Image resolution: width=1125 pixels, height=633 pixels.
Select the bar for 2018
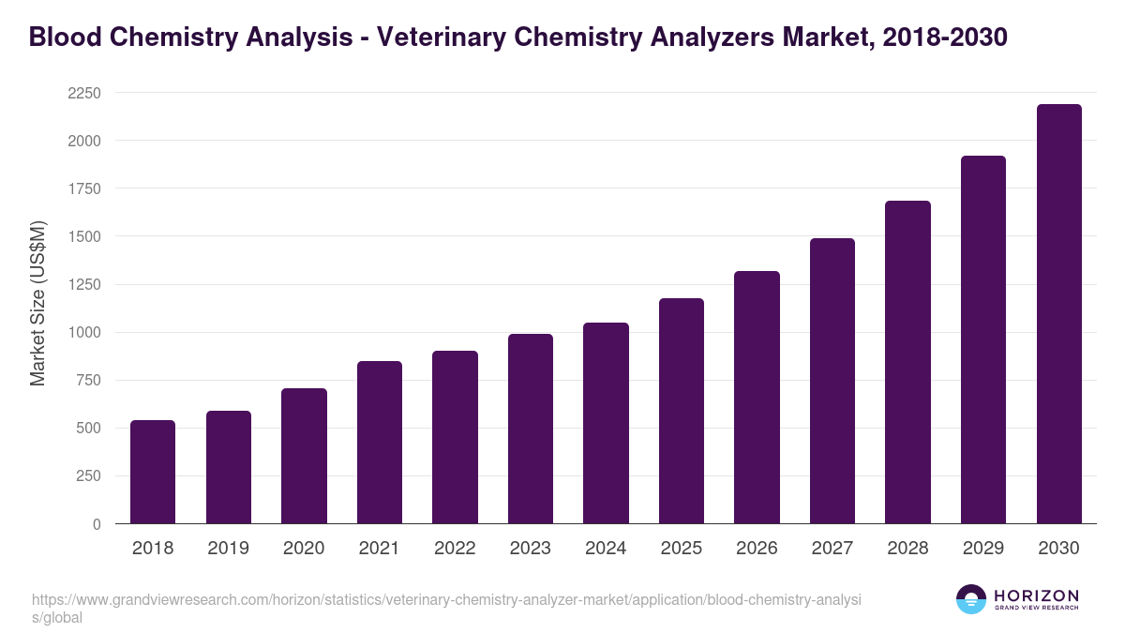coord(153,472)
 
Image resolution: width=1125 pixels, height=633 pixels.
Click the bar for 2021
coord(379,442)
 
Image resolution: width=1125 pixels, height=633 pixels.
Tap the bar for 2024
coord(606,423)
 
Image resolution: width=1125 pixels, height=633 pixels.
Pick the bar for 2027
coord(832,381)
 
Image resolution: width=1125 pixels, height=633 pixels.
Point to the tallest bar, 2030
coord(1058,313)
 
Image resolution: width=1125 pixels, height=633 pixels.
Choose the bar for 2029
coord(983,339)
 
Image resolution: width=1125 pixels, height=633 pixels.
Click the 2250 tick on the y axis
coord(83,93)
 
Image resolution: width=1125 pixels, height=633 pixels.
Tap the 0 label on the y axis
coord(97,524)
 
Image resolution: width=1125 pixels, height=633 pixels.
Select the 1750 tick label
coord(83,188)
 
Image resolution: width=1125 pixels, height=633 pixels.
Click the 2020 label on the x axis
coord(304,549)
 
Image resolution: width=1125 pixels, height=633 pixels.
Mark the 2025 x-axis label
coord(682,549)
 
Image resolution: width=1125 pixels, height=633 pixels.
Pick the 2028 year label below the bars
coord(907,549)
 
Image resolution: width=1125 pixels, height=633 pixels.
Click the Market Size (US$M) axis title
coord(37,304)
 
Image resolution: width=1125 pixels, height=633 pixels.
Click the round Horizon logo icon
coord(971,599)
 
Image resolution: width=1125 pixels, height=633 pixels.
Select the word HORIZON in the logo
coord(1036,595)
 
